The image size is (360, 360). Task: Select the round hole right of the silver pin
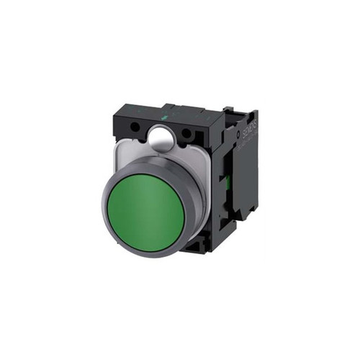coord(186,134)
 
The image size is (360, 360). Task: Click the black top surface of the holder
coord(180,115)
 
